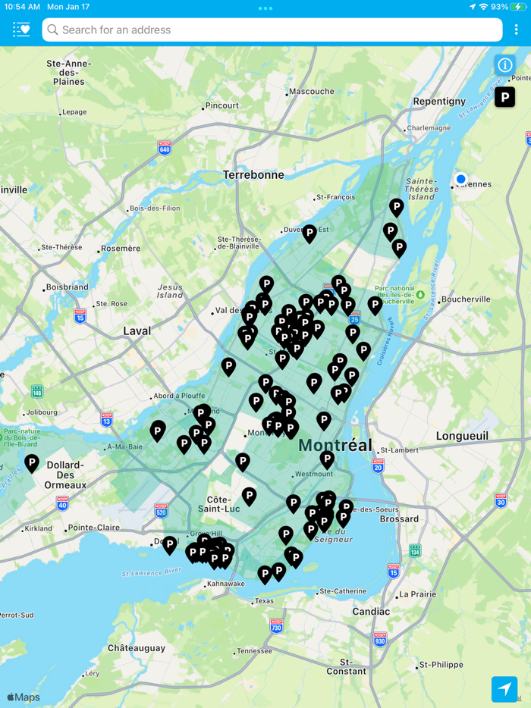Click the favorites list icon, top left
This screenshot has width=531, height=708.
(x=21, y=30)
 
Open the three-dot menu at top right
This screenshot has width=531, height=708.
(x=517, y=30)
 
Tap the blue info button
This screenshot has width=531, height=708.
(x=504, y=65)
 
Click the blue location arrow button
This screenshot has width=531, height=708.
(x=504, y=688)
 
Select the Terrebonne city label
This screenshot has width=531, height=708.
(x=253, y=174)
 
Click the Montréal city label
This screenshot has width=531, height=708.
(x=335, y=445)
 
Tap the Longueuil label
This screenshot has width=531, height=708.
(x=461, y=436)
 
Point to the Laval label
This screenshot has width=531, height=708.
(x=137, y=331)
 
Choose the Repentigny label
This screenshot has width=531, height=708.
(x=439, y=101)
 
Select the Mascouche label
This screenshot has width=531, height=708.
(x=312, y=92)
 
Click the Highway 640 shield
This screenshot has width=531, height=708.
(x=165, y=147)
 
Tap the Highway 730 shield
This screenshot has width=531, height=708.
(x=276, y=626)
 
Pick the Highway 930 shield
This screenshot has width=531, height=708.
(x=379, y=638)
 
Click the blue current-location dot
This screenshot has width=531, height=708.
(x=460, y=180)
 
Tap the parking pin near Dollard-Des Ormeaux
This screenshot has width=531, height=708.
(x=32, y=462)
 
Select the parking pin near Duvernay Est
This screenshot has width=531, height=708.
(x=309, y=232)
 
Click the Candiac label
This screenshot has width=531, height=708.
(x=371, y=611)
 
